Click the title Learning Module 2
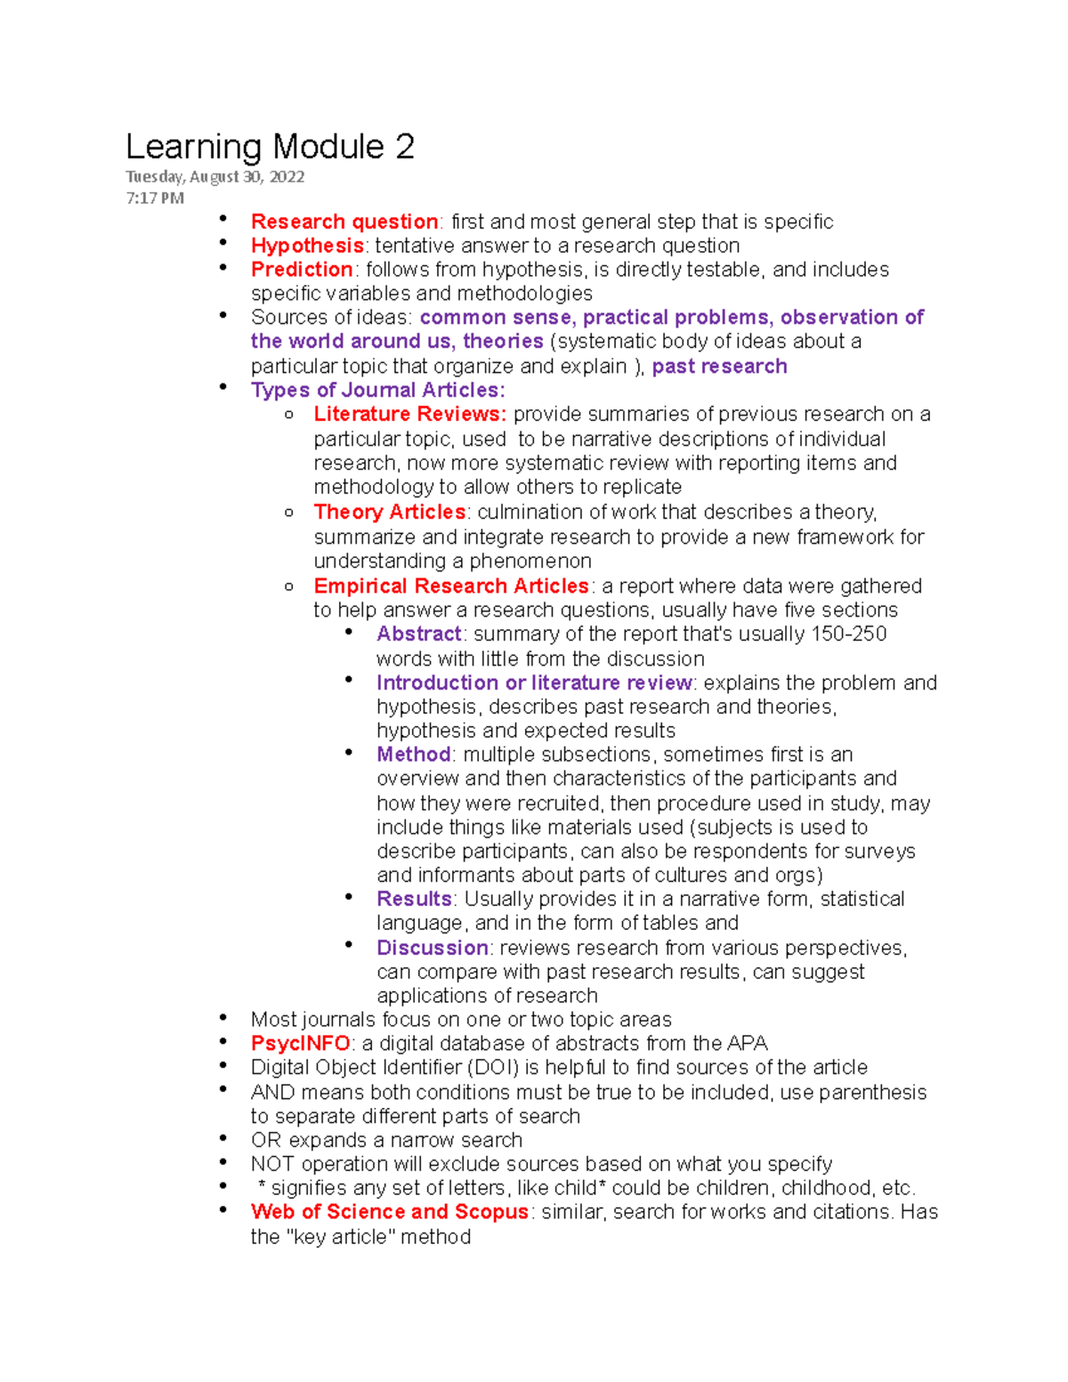pyautogui.click(x=270, y=147)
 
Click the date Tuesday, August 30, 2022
pyautogui.click(x=214, y=176)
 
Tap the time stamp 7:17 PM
pyautogui.click(x=155, y=198)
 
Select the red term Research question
pyautogui.click(x=344, y=222)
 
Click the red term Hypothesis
pyautogui.click(x=307, y=246)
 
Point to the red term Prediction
pyautogui.click(x=302, y=270)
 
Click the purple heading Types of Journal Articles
pyautogui.click(x=377, y=390)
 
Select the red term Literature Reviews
pyautogui.click(x=409, y=414)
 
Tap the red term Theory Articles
pyautogui.click(x=390, y=512)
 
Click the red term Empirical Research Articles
pyautogui.click(x=451, y=586)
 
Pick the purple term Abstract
pyautogui.click(x=418, y=634)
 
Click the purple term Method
pyautogui.click(x=414, y=755)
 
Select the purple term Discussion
pyautogui.click(x=433, y=948)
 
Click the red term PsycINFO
pyautogui.click(x=301, y=1043)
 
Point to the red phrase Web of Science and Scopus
pyautogui.click(x=390, y=1212)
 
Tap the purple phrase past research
pyautogui.click(x=719, y=366)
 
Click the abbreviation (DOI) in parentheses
pyautogui.click(x=488, y=1067)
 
